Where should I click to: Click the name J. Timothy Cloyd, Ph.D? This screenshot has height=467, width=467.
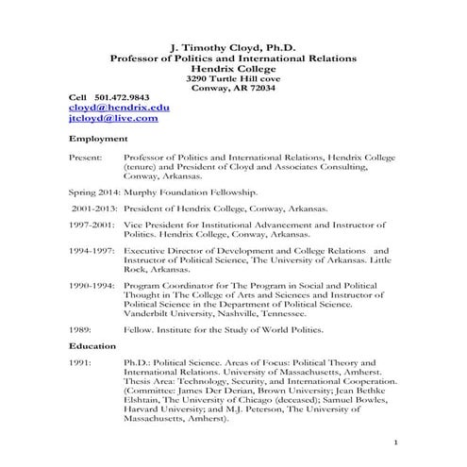tap(233, 45)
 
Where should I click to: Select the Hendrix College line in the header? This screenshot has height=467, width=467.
tap(233, 68)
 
